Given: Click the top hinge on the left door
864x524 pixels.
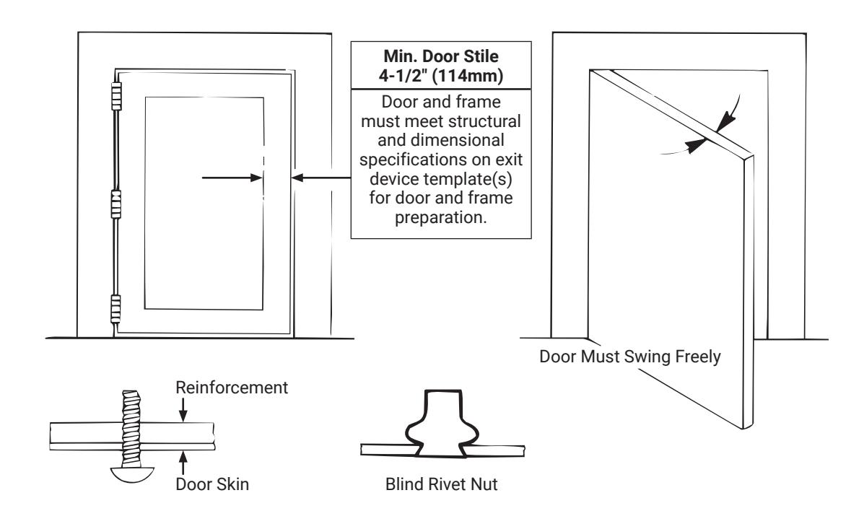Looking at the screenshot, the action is coord(116,97).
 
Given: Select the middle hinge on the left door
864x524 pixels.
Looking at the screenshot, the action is coord(116,204).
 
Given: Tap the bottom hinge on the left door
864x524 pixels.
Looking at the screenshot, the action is coord(115,309).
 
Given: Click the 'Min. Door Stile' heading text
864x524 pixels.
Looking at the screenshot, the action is coord(441,56).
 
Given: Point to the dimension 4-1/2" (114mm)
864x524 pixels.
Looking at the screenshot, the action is coord(441,76).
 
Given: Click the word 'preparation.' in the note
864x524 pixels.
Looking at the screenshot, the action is coord(441,218).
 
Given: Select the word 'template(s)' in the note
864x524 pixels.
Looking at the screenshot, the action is coord(471,179).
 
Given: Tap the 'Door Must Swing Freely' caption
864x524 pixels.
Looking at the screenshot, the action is coord(630,357).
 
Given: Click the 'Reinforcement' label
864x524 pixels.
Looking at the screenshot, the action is coord(232,388).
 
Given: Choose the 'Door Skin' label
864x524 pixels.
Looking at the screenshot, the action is coord(212,484).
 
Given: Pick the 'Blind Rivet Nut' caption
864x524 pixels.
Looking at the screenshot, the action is coord(441,484).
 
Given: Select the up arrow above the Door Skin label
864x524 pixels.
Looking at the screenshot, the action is coord(183,463).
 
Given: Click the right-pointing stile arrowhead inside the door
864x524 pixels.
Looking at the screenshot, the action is coord(256,178).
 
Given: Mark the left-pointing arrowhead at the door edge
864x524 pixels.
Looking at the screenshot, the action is coord(297,178).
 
